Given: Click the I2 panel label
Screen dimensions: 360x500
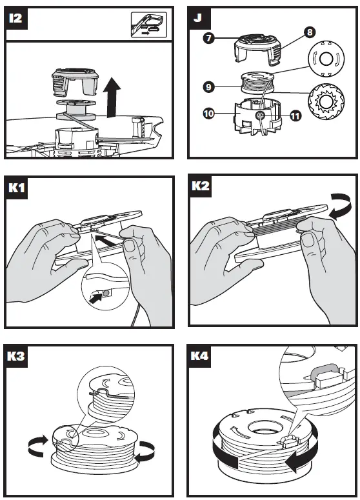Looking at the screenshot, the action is [x=15, y=18].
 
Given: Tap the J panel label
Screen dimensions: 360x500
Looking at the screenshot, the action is [x=198, y=17].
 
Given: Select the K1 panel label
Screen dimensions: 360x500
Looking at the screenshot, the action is [x=16, y=188].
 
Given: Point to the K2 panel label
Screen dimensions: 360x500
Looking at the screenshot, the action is [x=200, y=186].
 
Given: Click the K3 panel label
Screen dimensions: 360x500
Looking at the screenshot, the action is [x=16, y=356].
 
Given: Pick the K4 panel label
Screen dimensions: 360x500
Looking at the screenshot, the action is [x=199, y=355].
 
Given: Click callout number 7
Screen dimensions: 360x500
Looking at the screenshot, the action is [x=208, y=38].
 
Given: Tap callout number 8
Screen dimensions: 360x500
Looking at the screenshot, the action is [x=310, y=32].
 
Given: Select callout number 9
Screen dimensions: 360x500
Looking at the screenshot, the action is [x=208, y=86].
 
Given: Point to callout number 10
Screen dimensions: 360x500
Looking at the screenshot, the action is [x=208, y=113].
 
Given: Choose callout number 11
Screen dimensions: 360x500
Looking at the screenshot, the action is [x=295, y=115].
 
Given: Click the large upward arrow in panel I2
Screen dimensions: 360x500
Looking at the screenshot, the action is [x=112, y=97].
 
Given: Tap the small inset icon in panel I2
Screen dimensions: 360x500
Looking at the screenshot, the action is [x=149, y=25].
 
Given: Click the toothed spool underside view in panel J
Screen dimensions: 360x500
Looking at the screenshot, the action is [x=326, y=102].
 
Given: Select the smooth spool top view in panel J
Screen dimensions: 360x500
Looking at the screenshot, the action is [x=326, y=59].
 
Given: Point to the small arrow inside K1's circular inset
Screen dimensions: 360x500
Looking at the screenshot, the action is [x=97, y=298].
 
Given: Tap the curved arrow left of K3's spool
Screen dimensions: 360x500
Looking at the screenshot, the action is [x=37, y=446].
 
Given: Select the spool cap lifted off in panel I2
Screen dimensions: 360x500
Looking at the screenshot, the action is [x=75, y=81].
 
